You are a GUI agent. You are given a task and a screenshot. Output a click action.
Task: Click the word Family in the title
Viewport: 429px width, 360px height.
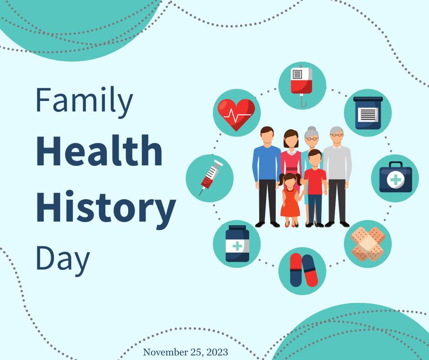pos(84,101)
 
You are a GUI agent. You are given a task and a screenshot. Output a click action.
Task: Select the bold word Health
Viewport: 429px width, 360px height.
pos(99,151)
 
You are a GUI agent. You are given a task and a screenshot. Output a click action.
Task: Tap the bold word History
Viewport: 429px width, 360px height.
pos(106,209)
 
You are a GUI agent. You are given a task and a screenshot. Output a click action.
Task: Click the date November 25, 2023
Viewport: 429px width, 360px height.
pos(185,352)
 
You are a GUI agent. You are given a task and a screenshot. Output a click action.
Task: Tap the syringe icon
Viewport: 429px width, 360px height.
pos(211,177)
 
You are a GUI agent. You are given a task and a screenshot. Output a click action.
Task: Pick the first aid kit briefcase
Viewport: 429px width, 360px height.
pos(395,177)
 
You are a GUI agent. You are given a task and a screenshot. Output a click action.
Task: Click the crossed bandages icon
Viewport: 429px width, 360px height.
pos(368,244)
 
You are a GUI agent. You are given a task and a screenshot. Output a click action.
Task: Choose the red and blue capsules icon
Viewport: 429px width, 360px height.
pos(303,270)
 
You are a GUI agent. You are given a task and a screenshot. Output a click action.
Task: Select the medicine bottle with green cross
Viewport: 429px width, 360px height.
pos(237,244)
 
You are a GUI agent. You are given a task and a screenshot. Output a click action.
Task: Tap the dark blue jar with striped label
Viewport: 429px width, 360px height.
pos(368,112)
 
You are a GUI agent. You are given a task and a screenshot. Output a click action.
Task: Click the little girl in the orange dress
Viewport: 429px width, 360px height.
pos(290,200)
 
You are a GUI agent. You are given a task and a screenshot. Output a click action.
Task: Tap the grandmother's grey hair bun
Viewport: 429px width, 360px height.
pos(312,128)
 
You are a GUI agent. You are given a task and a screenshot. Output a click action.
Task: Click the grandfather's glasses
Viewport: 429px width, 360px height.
pos(336,135)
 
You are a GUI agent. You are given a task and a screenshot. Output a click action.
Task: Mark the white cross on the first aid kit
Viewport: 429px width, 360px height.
pos(395,180)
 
